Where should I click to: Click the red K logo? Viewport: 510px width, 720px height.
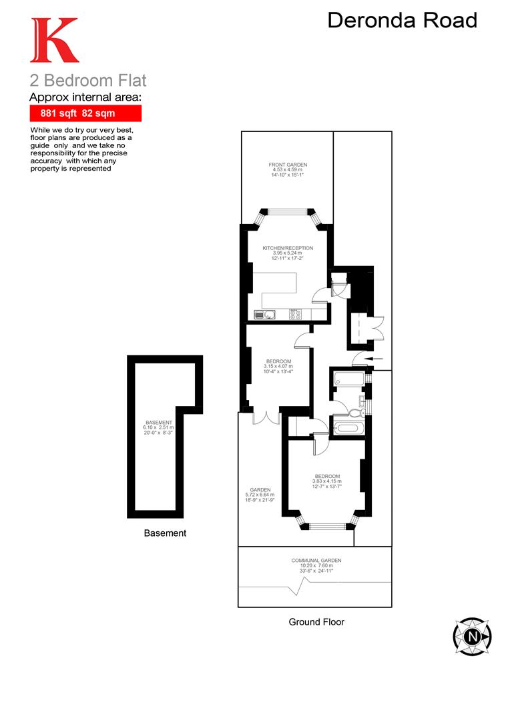tap(54, 41)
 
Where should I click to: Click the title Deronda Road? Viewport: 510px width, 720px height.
tap(402, 21)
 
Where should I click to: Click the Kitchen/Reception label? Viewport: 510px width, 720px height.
tap(287, 253)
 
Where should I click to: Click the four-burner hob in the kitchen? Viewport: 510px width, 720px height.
tap(296, 314)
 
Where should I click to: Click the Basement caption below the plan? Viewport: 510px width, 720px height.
tap(165, 533)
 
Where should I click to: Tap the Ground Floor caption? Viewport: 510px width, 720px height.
tap(316, 622)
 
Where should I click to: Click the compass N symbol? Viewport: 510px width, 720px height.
tap(472, 637)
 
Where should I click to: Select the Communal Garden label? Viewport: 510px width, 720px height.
tap(316, 565)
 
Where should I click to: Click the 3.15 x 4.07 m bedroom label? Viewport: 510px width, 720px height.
tap(279, 366)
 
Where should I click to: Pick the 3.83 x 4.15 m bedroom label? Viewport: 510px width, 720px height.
tap(327, 481)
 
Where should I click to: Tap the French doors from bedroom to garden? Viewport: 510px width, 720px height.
tap(266, 416)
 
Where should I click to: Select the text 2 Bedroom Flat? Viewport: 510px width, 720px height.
tap(87, 81)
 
